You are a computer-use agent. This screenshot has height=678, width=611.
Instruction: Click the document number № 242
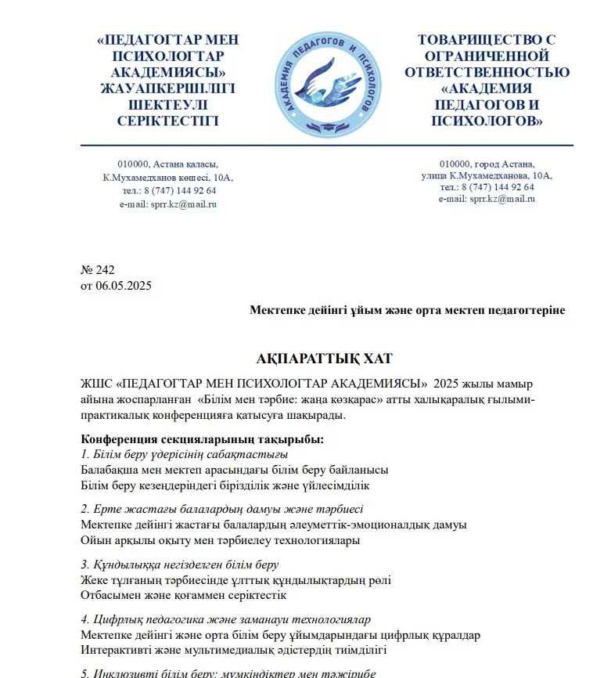[x=98, y=270]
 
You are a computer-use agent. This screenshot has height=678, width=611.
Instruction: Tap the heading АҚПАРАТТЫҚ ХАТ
[x=324, y=359]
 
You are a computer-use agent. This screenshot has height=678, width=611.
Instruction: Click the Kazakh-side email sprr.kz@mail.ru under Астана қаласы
[x=167, y=204]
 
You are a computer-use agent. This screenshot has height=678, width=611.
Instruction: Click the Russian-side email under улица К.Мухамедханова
[x=487, y=199]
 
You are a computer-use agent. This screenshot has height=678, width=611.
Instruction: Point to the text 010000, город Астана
[x=487, y=164]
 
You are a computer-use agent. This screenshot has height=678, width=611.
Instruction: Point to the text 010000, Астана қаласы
[x=167, y=164]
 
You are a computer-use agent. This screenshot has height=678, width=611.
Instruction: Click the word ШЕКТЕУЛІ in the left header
[x=168, y=105]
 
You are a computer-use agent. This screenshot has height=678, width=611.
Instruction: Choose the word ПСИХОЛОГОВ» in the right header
[x=487, y=121]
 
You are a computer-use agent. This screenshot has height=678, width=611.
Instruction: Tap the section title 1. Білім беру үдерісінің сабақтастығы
[x=185, y=454]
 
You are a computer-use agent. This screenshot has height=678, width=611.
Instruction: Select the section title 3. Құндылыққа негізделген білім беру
[x=180, y=564]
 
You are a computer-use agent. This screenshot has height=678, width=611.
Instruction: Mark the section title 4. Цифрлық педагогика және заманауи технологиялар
[x=226, y=619]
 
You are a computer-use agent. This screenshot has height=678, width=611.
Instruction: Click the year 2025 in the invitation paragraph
[x=453, y=384]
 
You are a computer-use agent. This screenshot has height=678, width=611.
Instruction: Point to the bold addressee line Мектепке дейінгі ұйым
[x=407, y=310]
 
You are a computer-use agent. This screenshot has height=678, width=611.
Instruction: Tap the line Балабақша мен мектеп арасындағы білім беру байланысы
[x=235, y=470]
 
